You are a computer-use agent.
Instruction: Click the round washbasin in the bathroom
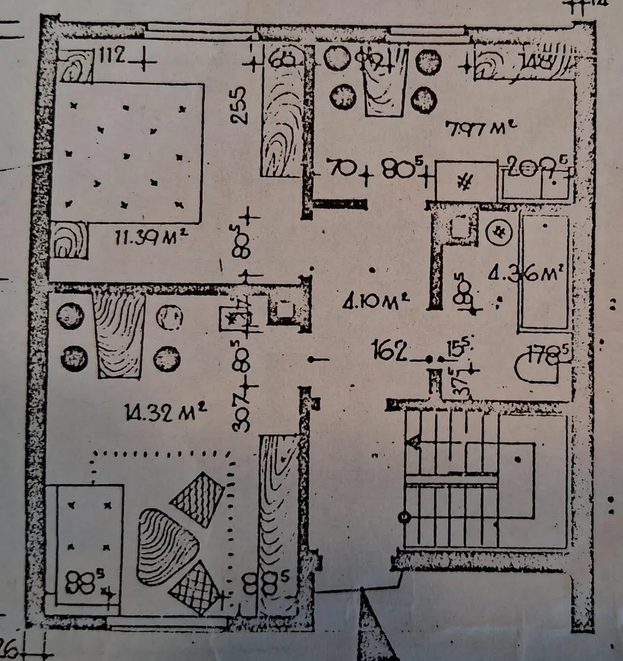pyautogui.click(x=497, y=231)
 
